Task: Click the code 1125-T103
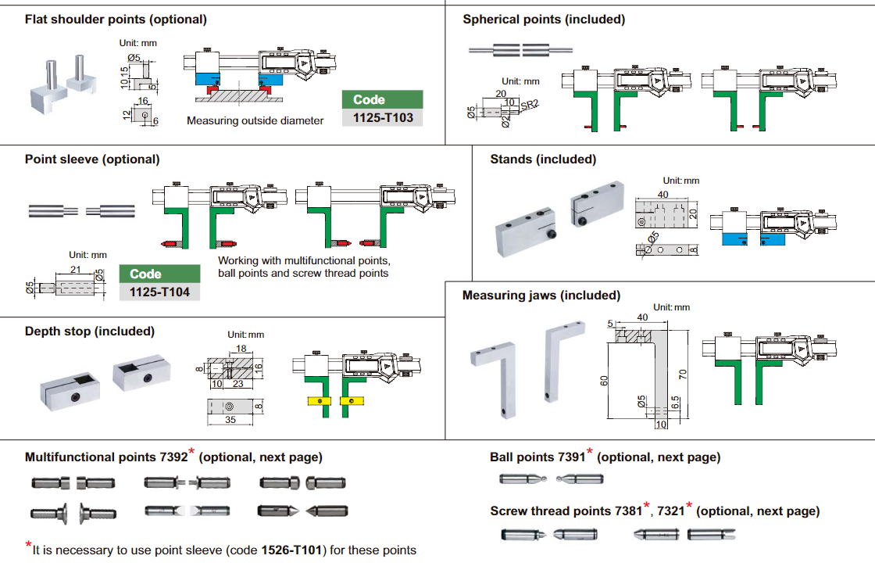(x=383, y=118)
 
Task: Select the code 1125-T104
(x=159, y=292)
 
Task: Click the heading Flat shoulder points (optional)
(x=116, y=20)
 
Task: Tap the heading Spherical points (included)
(x=544, y=20)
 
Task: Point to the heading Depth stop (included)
(x=90, y=332)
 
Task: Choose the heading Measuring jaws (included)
(x=541, y=296)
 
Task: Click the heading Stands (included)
(x=543, y=159)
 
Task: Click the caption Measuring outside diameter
(x=255, y=121)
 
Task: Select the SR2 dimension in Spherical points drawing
(x=530, y=104)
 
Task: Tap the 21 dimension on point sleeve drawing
(x=76, y=270)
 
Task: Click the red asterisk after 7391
(x=590, y=452)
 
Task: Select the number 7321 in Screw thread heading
(x=670, y=511)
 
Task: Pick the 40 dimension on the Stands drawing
(x=663, y=195)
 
